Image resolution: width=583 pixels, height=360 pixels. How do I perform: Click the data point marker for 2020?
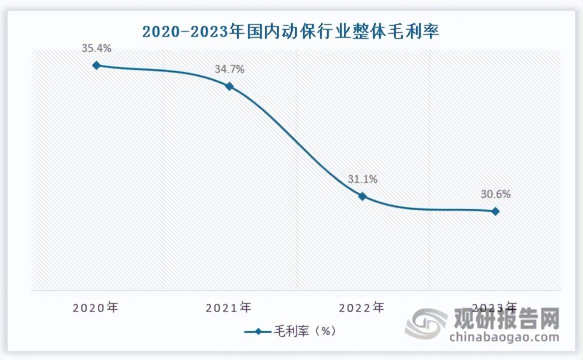pos(96,65)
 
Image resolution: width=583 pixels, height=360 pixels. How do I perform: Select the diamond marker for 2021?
pos(229,86)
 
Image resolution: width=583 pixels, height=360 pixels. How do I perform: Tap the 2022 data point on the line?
pos(362,196)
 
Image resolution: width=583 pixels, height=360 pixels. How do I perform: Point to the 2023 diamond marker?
pos(495,211)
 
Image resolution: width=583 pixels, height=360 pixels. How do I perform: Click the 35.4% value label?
pos(96,48)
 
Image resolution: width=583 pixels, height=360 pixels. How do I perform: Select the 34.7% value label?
pos(229,69)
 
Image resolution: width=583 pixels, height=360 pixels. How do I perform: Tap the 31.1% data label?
pos(362,179)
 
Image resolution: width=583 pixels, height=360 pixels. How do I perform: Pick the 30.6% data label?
pos(495,194)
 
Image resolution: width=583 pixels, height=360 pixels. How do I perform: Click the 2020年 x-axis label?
pos(95,307)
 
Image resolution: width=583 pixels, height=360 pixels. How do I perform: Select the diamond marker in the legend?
pos(258,331)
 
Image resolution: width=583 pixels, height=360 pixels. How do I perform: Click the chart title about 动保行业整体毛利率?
pos(291,32)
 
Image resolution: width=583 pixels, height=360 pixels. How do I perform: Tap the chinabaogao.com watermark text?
pos(504,337)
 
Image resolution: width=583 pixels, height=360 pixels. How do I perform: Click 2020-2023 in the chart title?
pos(182,32)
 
